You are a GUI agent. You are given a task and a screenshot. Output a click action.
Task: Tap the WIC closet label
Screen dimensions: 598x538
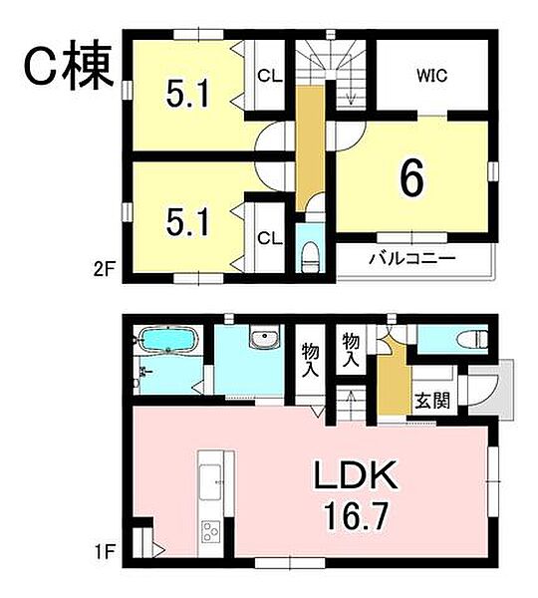(x=433, y=74)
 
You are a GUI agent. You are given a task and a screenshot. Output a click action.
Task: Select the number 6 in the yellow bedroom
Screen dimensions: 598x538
(x=412, y=179)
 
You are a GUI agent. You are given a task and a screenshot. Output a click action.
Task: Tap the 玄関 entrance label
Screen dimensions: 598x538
(x=431, y=402)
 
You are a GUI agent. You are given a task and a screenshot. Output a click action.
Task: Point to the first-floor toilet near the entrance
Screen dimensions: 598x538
(x=464, y=340)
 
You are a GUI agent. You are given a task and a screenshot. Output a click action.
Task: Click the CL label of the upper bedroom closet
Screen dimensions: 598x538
(x=268, y=75)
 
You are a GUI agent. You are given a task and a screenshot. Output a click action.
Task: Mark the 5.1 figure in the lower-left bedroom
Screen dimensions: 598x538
(x=187, y=221)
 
